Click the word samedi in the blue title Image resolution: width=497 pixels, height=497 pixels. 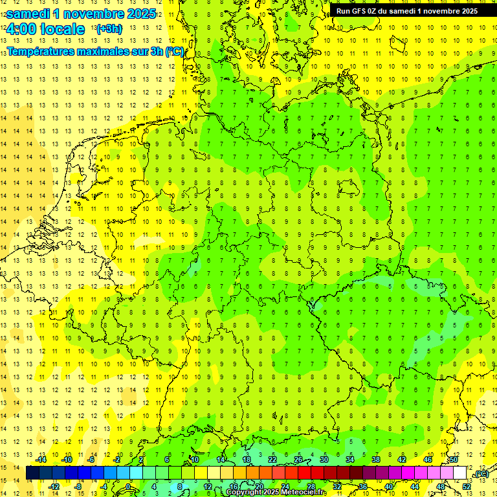coord(28,14)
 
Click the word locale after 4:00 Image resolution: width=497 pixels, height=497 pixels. coord(62,29)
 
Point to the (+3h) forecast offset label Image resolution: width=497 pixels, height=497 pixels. coord(108,28)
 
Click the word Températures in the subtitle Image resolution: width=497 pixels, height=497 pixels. coord(41,51)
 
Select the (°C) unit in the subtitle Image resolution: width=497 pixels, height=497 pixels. coord(174,51)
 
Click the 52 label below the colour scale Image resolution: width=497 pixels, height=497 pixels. coord(466,486)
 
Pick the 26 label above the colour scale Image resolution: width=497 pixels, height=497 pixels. coord(298,459)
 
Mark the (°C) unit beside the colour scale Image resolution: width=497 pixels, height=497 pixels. coord(481,474)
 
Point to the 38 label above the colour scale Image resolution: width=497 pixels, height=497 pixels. coord(376,459)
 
